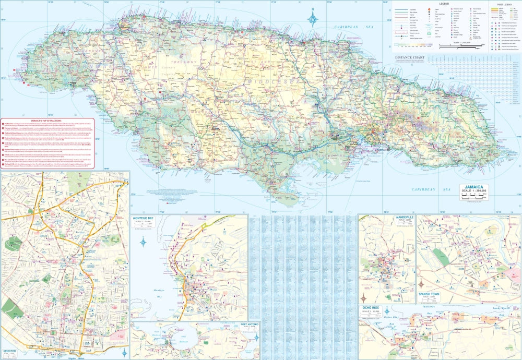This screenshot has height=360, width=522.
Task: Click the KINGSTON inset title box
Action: point(10,352)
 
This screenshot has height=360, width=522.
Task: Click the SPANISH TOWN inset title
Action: point(431,295)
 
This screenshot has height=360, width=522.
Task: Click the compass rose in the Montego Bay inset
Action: point(143,242)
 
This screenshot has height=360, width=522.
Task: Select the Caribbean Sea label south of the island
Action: point(431,189)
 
